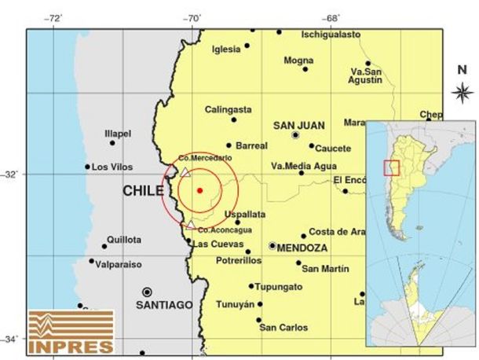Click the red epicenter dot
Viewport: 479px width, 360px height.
pyautogui.click(x=199, y=190)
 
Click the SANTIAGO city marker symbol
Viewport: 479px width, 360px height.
pyautogui.click(x=147, y=291)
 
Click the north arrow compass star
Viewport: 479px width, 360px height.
pyautogui.click(x=462, y=93)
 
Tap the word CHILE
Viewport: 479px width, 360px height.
pyautogui.click(x=143, y=191)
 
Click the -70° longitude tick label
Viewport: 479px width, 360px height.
pyautogui.click(x=193, y=17)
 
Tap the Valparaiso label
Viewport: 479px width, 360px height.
pyautogui.click(x=118, y=265)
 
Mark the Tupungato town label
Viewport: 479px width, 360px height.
pyautogui.click(x=280, y=287)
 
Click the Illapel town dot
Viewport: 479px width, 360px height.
pyautogui.click(x=112, y=142)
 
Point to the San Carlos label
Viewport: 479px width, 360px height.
pyautogui.click(x=283, y=327)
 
